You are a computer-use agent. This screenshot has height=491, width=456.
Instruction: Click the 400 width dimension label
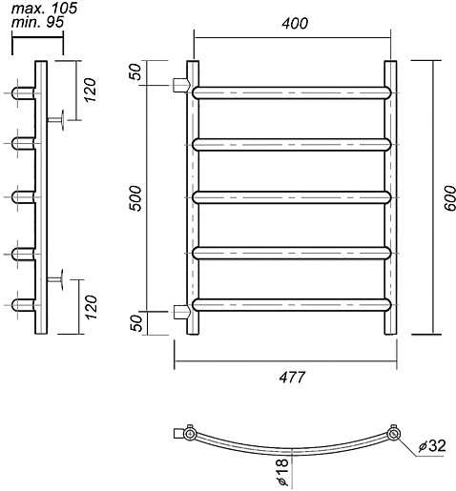pos(295,24)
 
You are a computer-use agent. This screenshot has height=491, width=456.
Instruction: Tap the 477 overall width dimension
pos(292,378)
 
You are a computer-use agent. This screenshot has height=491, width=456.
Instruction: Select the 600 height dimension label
pos(449,198)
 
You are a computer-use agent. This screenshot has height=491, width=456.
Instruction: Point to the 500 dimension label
pos(135,198)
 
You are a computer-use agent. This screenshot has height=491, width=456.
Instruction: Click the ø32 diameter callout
pos(432,446)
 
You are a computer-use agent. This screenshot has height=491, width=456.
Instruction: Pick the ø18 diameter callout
pos(282,473)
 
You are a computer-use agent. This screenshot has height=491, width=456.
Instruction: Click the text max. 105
pos(44,9)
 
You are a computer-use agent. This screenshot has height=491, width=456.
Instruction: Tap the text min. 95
pos(38,22)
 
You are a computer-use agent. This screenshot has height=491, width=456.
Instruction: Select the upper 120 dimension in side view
pos(90,90)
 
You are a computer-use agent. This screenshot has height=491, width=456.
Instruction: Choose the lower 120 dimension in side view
pos(90,307)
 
